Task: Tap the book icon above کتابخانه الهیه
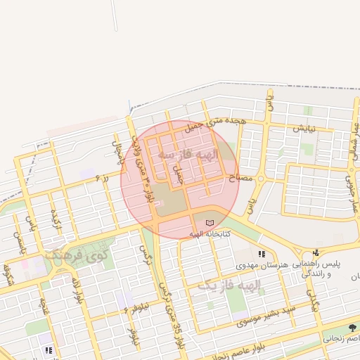(209, 223)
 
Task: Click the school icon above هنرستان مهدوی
(261, 253)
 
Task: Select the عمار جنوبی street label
(350, 187)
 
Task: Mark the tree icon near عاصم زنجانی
(352, 327)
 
